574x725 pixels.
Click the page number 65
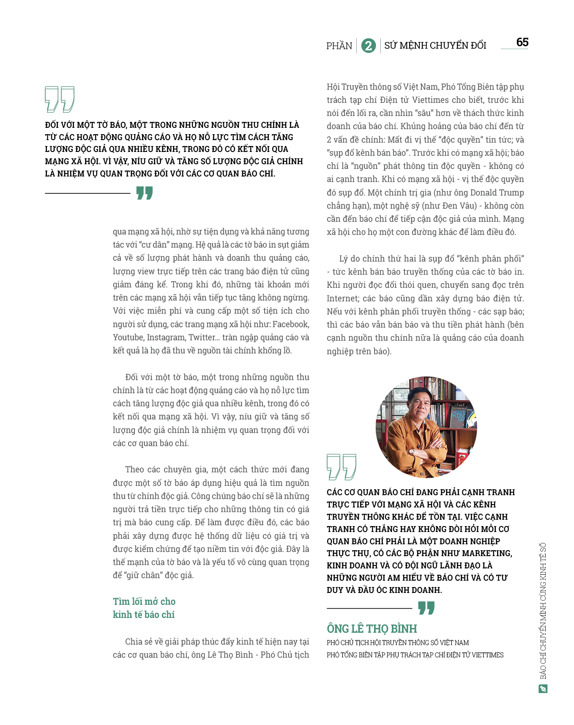pos(522,42)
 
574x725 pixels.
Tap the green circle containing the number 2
pos(368,46)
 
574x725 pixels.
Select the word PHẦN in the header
pos(339,46)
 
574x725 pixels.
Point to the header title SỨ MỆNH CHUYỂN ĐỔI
pos(435,45)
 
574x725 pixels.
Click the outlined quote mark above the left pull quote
pos(60,99)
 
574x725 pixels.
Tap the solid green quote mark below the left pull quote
pos(145,193)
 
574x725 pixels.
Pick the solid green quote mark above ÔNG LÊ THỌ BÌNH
pos(426,608)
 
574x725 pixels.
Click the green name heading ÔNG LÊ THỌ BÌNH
pos(372,629)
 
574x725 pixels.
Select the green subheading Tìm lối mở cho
pos(144,601)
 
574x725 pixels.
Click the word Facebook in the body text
pos(291,324)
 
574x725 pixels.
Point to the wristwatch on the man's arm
pos(411,451)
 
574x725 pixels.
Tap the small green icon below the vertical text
pos(543,689)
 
